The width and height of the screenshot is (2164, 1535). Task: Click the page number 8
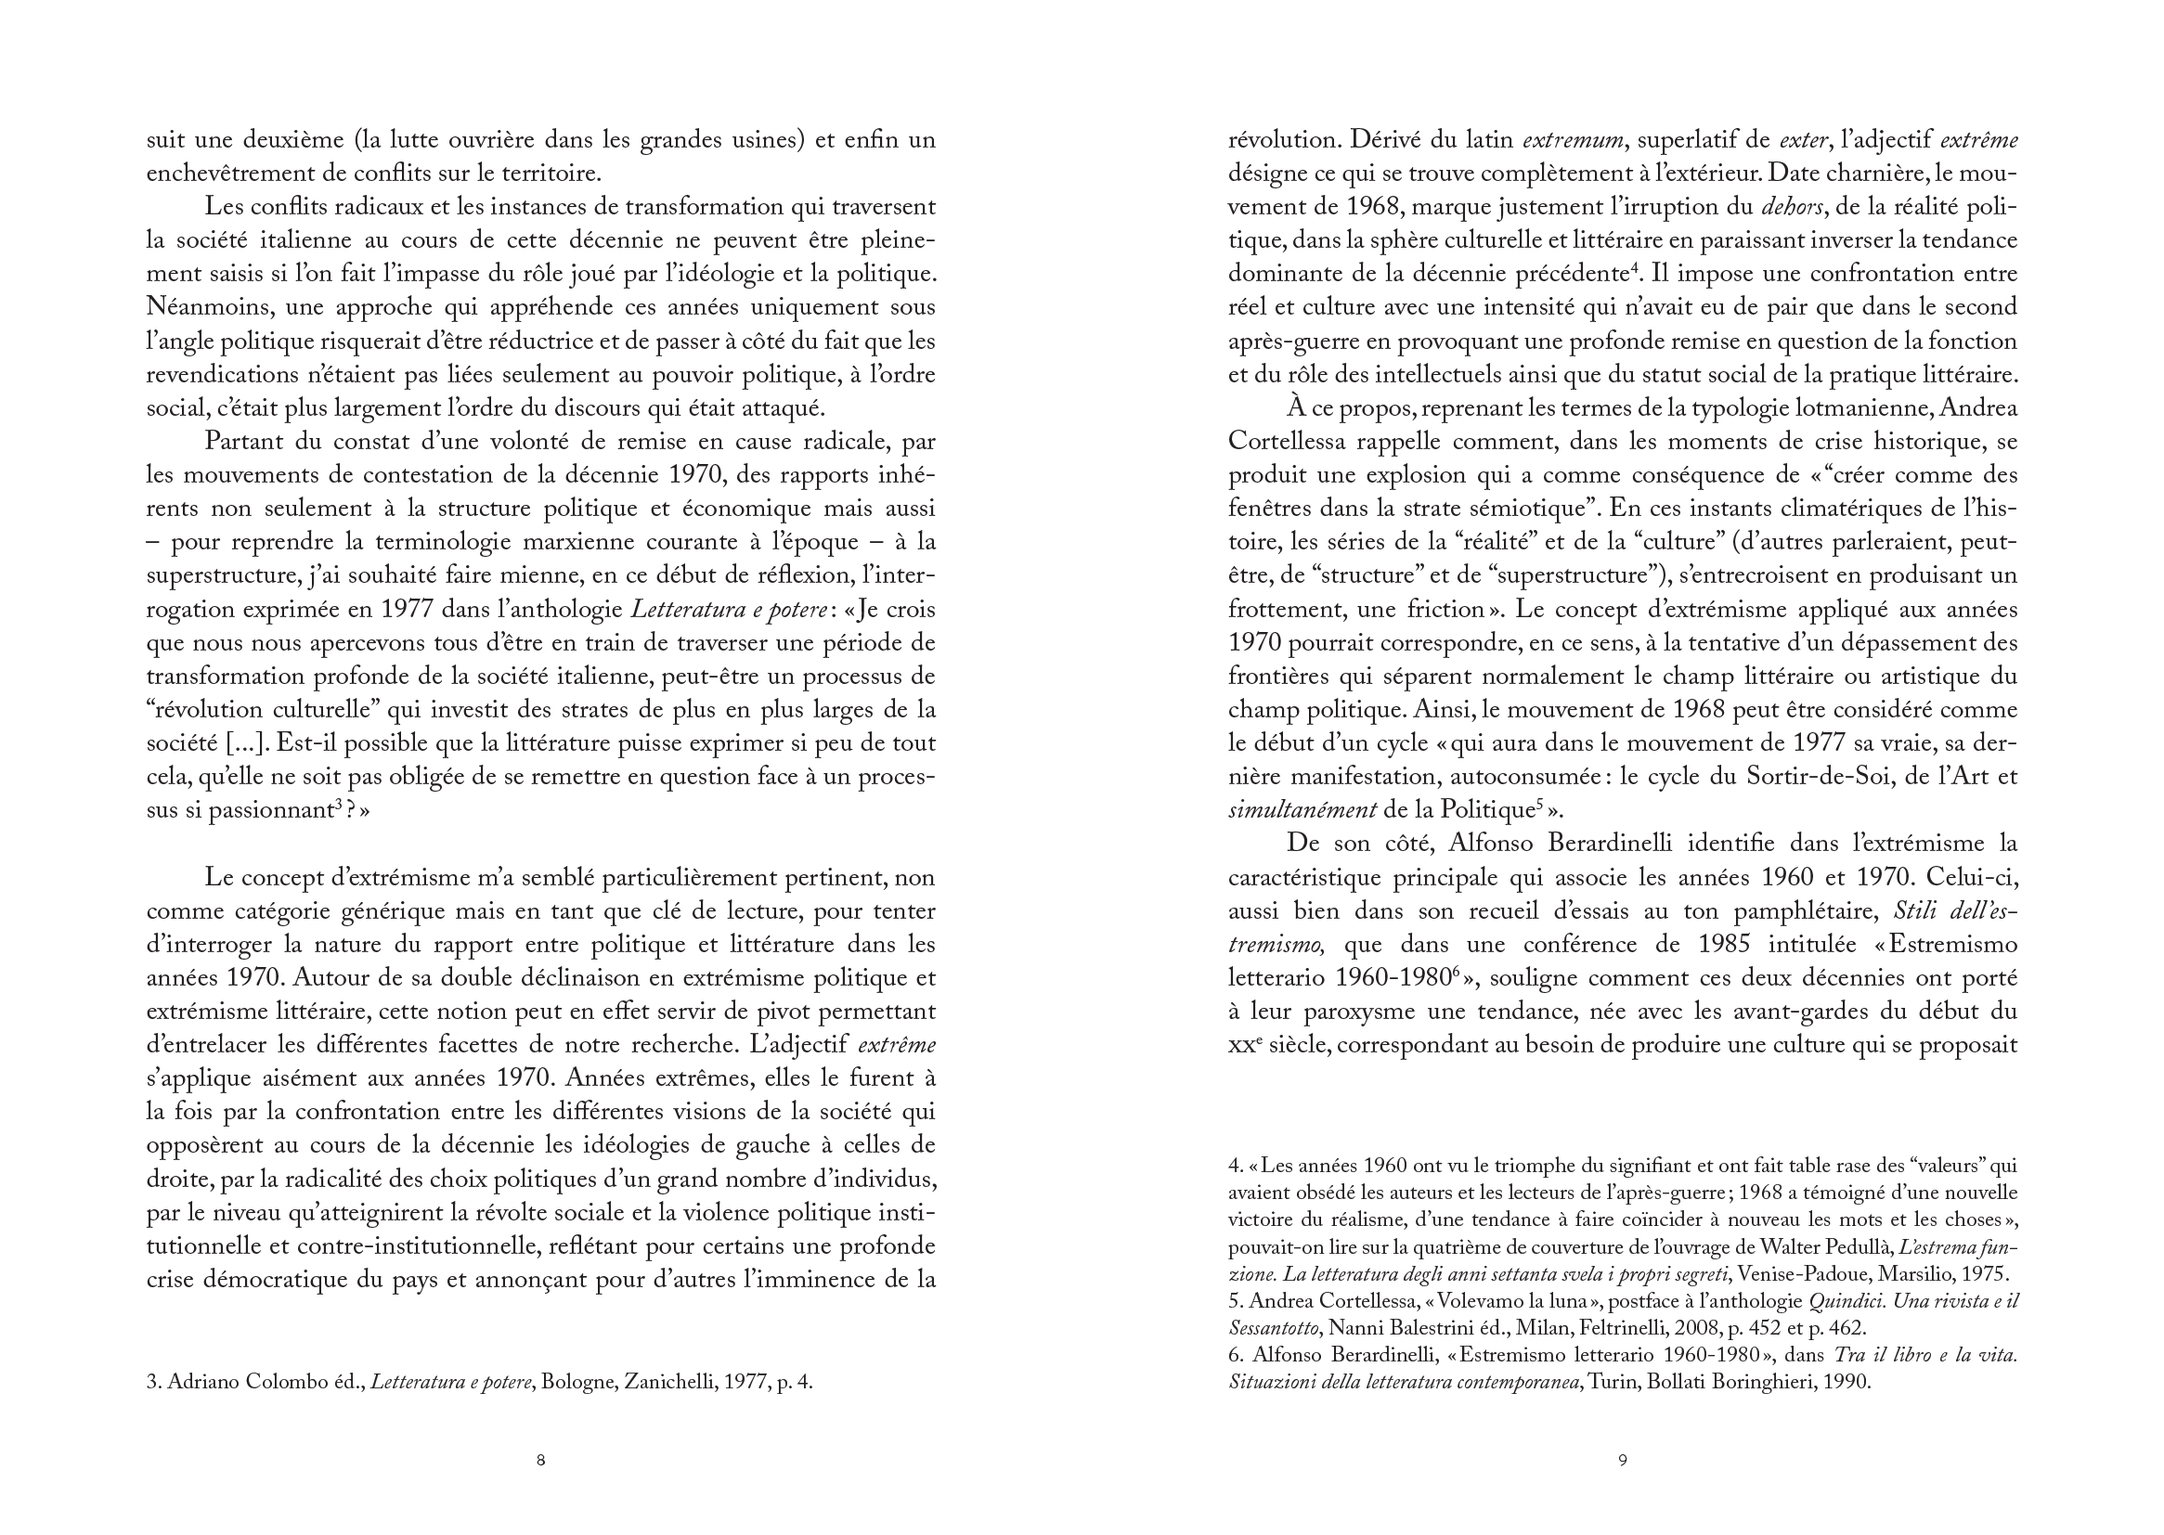click(x=540, y=1461)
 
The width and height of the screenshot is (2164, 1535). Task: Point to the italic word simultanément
click(x=1302, y=810)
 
